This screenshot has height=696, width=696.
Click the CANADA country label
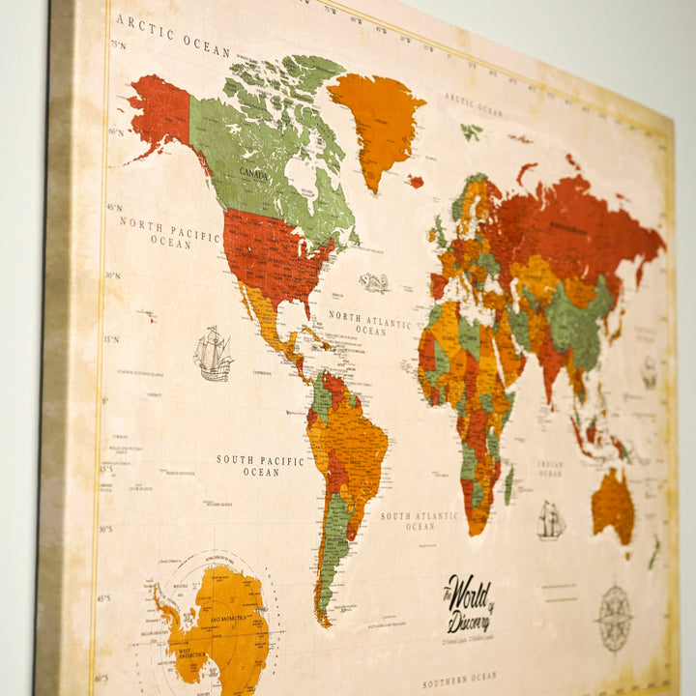point(254,173)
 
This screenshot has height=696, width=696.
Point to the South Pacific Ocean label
point(260,466)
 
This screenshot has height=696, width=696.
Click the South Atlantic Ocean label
point(420,521)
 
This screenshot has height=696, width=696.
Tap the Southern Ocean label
point(459,681)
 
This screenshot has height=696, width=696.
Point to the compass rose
point(614,617)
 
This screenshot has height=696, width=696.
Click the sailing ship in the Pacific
point(213,354)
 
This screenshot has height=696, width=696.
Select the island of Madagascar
point(508,484)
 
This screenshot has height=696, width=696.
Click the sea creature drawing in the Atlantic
point(374,282)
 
